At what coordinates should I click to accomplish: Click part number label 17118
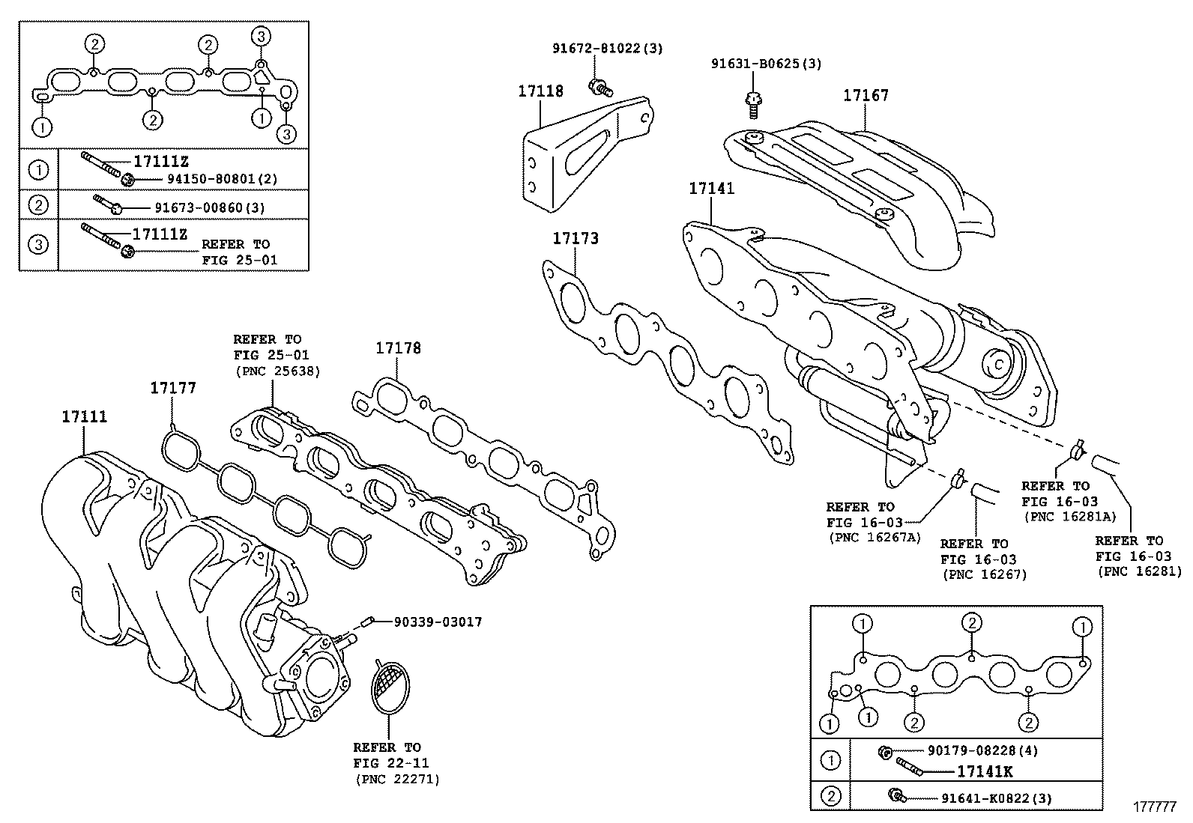(540, 91)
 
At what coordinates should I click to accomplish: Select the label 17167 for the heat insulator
(866, 95)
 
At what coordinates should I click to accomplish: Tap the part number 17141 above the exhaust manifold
(712, 188)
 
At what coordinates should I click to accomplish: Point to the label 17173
(576, 238)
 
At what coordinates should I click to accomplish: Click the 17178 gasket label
(398, 348)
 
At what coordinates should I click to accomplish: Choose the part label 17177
(173, 387)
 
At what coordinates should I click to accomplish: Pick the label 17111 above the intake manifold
(84, 417)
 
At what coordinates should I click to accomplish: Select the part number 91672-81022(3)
(608, 48)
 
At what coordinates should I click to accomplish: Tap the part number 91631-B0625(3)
(766, 64)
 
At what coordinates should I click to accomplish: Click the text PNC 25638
(277, 371)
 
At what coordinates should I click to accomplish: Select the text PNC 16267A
(874, 537)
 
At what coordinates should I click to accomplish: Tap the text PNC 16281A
(1069, 517)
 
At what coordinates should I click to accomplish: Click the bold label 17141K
(985, 771)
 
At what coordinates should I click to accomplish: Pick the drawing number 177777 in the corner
(1154, 807)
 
